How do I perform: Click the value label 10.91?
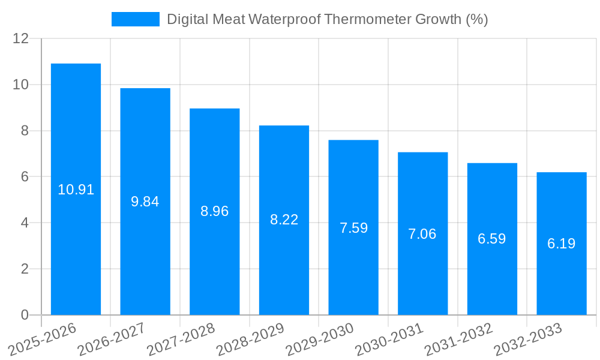(76, 190)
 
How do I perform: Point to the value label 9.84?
(145, 202)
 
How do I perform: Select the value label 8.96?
(215, 211)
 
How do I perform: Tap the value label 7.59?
(353, 228)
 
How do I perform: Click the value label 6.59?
(492, 239)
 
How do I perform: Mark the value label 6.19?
(562, 244)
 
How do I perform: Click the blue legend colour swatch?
(136, 19)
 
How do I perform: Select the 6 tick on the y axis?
(25, 177)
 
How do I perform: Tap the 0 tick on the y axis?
(25, 315)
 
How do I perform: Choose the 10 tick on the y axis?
(21, 85)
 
